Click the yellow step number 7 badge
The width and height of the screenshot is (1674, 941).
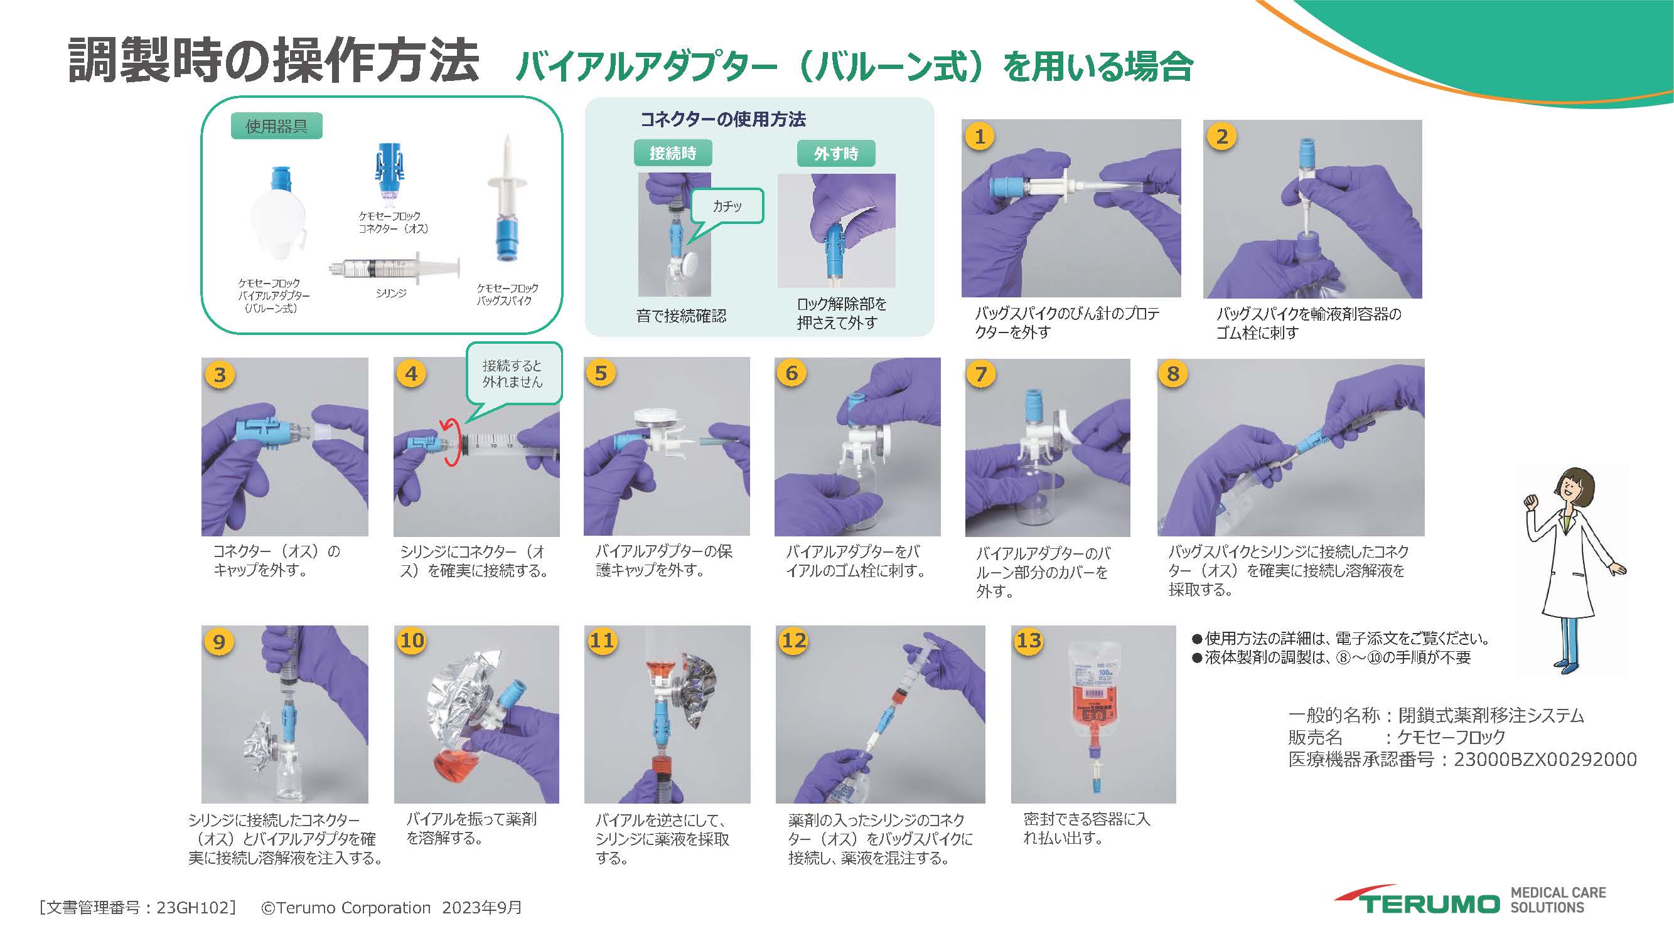tap(981, 374)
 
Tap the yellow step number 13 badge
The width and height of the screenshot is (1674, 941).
tap(1029, 641)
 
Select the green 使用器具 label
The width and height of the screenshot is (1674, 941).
tap(276, 126)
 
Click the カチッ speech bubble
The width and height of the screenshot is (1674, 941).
tap(726, 206)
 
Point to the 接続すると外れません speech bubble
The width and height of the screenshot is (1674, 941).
tap(513, 374)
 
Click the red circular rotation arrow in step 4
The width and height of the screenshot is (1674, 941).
tap(449, 442)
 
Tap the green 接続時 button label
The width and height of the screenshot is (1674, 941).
tap(673, 153)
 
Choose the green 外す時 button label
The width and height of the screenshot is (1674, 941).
tap(835, 154)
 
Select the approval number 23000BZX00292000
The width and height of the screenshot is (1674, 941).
tap(1545, 759)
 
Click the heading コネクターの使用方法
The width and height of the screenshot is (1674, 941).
tap(722, 119)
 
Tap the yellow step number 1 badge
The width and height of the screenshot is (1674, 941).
tap(980, 137)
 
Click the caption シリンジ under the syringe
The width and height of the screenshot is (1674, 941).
tap(390, 294)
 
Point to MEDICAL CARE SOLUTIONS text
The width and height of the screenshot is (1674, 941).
tap(1557, 900)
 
